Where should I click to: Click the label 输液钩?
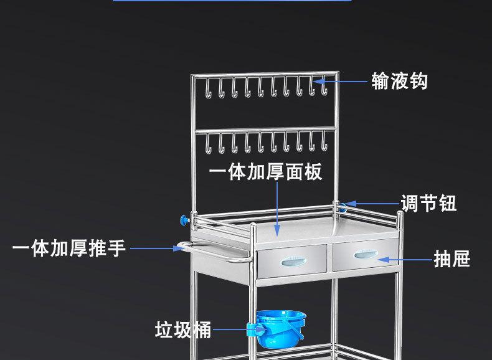coord(399,81)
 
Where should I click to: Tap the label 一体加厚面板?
coord(266,172)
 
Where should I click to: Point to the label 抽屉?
coord(452,258)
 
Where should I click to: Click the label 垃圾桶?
coord(183,329)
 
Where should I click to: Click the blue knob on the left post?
coord(184,219)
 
